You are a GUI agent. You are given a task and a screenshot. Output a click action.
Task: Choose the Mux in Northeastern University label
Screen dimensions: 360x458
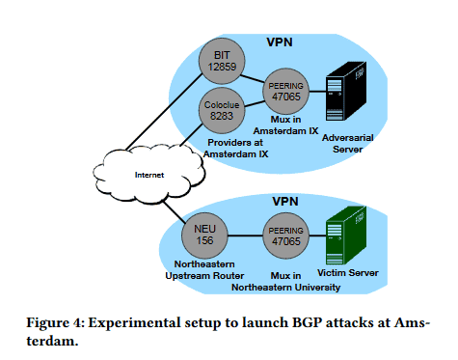[290, 280]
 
